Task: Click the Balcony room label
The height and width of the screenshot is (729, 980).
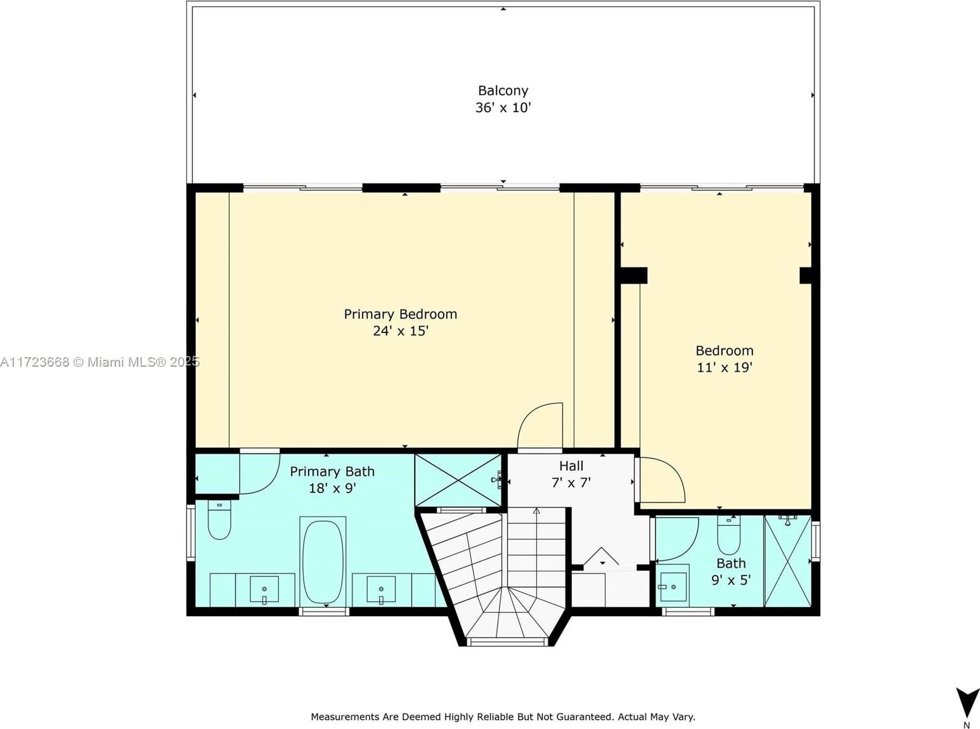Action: click(x=503, y=91)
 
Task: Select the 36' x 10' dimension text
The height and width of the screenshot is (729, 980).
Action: click(x=503, y=107)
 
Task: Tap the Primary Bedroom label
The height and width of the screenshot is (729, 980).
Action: click(x=401, y=314)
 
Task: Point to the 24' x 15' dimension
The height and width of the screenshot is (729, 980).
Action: click(x=401, y=331)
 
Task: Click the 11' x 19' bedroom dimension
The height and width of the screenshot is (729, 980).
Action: click(x=725, y=367)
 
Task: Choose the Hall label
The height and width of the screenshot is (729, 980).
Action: click(x=571, y=465)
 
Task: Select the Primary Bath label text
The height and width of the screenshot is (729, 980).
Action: click(x=332, y=471)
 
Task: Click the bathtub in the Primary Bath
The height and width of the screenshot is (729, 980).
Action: click(x=323, y=562)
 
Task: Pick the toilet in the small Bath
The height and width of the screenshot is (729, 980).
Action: click(x=728, y=535)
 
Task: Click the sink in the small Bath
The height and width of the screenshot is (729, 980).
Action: click(x=673, y=587)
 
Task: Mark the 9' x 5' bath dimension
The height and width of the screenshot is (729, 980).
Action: click(x=732, y=580)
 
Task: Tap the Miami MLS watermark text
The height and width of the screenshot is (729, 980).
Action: click(x=100, y=362)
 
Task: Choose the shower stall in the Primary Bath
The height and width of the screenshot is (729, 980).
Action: click(x=458, y=480)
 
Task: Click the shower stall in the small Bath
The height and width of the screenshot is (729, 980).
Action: click(x=788, y=561)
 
